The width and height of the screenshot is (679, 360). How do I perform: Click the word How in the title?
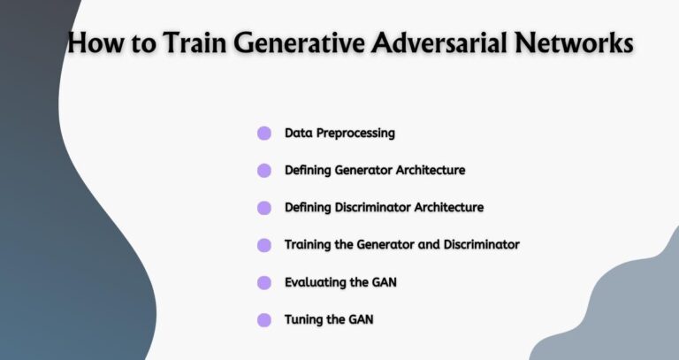[95, 43]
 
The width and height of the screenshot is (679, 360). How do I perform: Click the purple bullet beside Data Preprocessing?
[263, 134]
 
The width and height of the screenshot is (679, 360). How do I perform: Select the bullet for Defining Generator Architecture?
[263, 171]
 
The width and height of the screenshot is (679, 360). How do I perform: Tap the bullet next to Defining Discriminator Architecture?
[263, 208]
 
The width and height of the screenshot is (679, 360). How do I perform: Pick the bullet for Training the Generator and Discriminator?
[263, 245]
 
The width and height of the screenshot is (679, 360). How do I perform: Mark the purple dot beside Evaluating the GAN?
[263, 282]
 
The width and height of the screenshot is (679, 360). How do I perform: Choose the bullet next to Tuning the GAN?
[263, 319]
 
